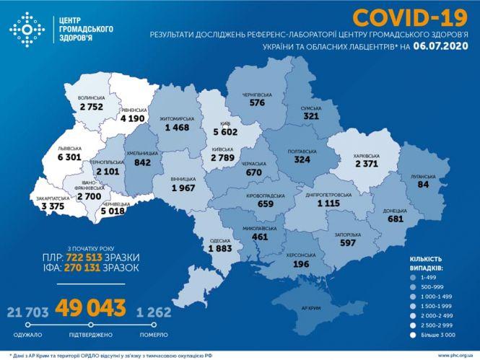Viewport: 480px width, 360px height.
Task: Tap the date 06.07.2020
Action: pos(441,46)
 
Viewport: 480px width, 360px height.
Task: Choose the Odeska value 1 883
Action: pos(222,249)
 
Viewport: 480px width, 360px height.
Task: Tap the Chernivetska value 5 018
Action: pos(117,212)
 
